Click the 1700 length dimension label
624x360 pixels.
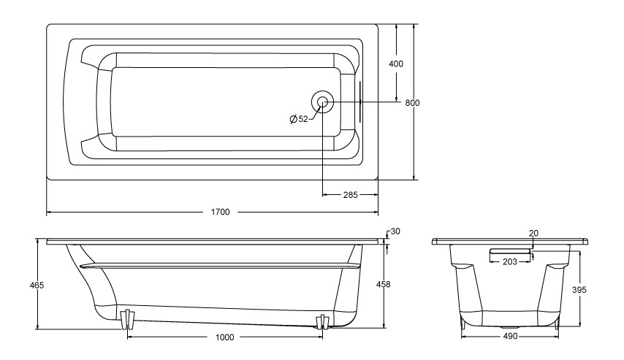click(221, 212)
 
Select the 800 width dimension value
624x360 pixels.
click(412, 102)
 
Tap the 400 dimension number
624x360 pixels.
click(396, 64)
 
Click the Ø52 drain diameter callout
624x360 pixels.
click(298, 119)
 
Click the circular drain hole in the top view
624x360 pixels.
click(322, 103)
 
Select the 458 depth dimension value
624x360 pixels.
click(382, 285)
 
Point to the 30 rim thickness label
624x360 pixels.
click(395, 231)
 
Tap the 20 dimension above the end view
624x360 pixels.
click(533, 233)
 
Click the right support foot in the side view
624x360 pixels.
click(321, 321)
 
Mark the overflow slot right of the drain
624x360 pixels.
click(359, 103)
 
